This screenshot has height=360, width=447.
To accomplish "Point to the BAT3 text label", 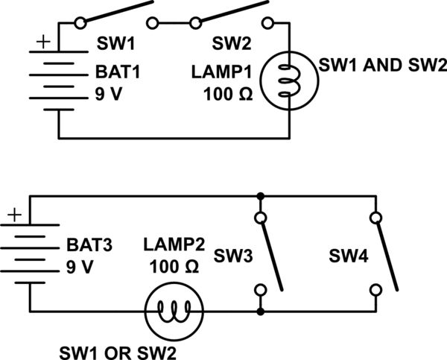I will point(90,244).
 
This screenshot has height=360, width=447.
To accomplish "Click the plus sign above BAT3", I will point(14,215).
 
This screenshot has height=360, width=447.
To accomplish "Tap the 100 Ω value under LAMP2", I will point(172,266).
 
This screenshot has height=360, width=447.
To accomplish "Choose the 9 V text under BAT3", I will point(82,266).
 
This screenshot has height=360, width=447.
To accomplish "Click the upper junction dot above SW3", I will point(260,198).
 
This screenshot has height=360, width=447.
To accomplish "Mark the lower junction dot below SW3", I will point(260,310).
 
